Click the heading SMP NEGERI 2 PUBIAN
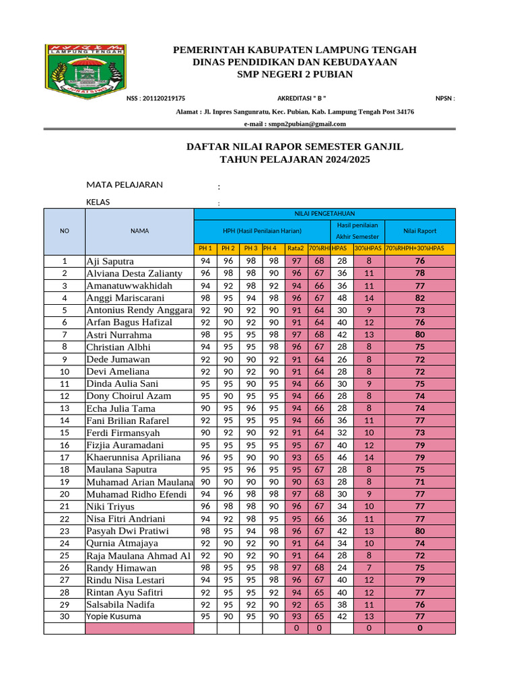[x=295, y=74]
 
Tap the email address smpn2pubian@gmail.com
[x=295, y=124]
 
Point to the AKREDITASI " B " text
[x=302, y=98]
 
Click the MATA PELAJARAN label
[x=125, y=185]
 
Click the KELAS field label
[x=98, y=202]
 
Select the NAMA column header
[x=139, y=231]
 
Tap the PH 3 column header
[x=250, y=249]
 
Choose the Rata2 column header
[x=296, y=249]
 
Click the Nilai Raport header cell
[x=420, y=231]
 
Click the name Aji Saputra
[x=110, y=261]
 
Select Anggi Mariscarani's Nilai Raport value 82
[x=420, y=298]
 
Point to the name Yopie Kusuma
[x=113, y=616]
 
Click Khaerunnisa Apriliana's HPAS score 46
[x=342, y=458]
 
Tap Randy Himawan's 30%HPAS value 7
[x=369, y=568]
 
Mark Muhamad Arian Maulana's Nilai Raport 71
[x=420, y=482]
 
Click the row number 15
[x=65, y=433]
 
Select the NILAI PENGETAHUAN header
[x=324, y=213]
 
